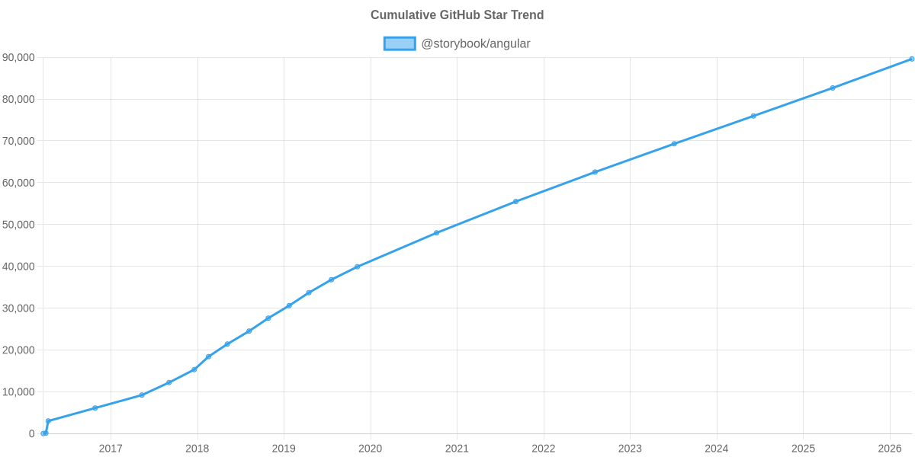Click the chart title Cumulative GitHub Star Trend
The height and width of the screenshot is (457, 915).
[457, 15]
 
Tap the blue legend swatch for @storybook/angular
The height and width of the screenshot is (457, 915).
[399, 43]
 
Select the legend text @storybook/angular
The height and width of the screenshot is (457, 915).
[476, 43]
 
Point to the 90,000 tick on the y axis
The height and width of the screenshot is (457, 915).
[19, 58]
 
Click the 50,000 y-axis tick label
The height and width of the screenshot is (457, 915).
[19, 225]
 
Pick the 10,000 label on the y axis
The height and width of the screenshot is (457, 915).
[19, 392]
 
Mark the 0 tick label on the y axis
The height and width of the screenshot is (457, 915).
[32, 434]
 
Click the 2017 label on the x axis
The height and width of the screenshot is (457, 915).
[111, 448]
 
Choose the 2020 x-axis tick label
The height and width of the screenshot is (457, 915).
[370, 448]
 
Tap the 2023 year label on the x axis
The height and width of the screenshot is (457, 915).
[630, 448]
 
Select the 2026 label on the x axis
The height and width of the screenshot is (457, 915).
[889, 448]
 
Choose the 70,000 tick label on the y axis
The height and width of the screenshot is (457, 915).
[19, 142]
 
